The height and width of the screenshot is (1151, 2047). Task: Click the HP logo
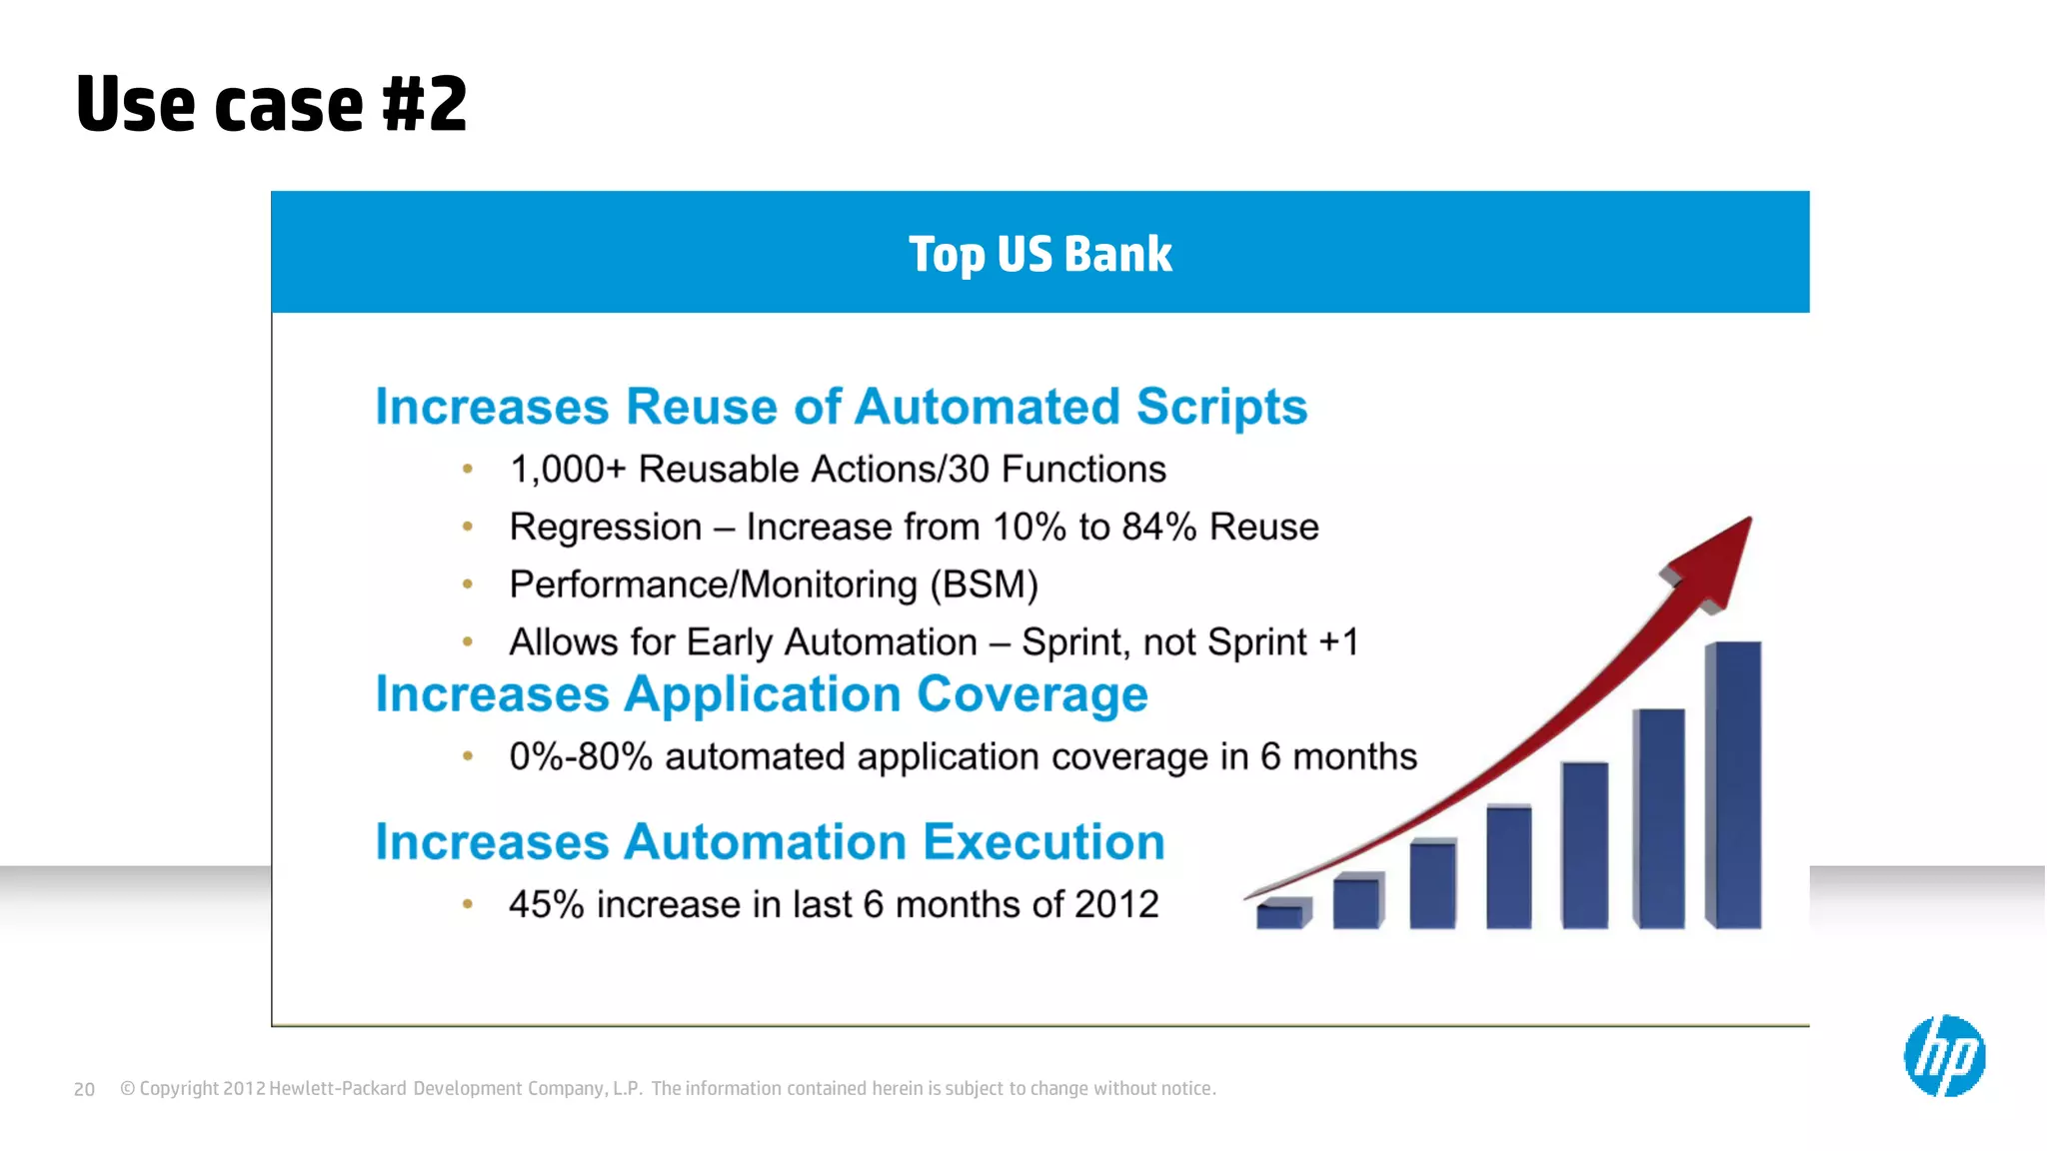click(x=1944, y=1056)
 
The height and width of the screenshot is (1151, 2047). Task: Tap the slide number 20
click(x=84, y=1090)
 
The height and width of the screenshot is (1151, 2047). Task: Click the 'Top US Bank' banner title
click(x=1039, y=254)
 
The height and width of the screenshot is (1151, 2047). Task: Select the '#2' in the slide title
click(x=425, y=104)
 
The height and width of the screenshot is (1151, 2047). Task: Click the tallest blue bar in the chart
click(x=1734, y=784)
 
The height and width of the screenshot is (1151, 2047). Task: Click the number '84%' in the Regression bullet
click(x=1158, y=527)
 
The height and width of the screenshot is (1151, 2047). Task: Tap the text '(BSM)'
click(x=984, y=584)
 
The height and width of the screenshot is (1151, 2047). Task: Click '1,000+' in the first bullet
click(x=567, y=469)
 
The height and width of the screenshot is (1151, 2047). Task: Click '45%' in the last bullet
click(x=546, y=904)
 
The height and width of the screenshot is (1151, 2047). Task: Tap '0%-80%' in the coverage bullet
click(x=581, y=756)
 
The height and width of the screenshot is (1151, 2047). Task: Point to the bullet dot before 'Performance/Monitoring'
click(x=467, y=584)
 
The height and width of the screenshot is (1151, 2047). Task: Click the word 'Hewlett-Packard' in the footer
click(x=338, y=1089)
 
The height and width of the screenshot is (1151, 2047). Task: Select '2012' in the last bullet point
click(x=1115, y=904)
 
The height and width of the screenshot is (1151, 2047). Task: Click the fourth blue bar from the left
click(x=1508, y=866)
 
